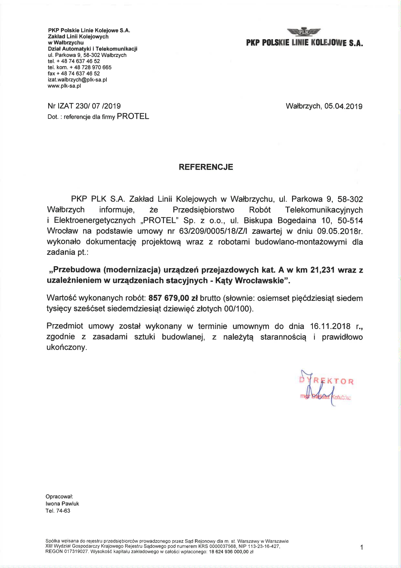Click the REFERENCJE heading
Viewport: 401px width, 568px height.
pyautogui.click(x=206, y=167)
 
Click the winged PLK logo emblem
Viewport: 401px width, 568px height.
pyautogui.click(x=304, y=32)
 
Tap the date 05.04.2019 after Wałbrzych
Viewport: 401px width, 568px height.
pyautogui.click(x=343, y=106)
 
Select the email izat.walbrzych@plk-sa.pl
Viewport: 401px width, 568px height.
pyautogui.click(x=77, y=80)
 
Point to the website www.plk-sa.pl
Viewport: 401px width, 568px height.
pyautogui.click(x=64, y=86)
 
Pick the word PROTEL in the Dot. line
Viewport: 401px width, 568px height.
pyautogui.click(x=133, y=117)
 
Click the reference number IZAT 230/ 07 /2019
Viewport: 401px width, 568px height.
pyautogui.click(x=89, y=106)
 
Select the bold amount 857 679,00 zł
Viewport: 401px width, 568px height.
pyautogui.click(x=173, y=298)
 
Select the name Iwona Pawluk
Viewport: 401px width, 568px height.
pyautogui.click(x=62, y=504)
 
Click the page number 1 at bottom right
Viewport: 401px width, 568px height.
pyautogui.click(x=362, y=547)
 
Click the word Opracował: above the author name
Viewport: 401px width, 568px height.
pyautogui.click(x=60, y=496)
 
